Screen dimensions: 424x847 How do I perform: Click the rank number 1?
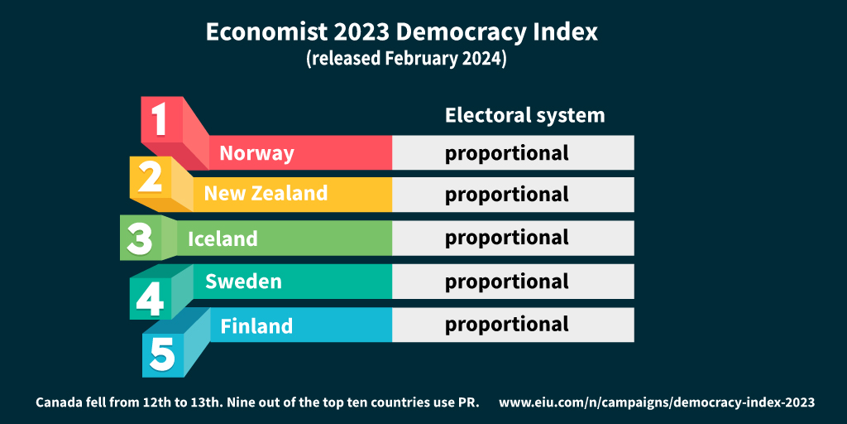(160, 119)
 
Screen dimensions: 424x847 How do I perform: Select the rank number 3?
(139, 238)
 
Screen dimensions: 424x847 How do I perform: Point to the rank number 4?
(150, 298)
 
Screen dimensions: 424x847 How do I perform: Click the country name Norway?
(256, 153)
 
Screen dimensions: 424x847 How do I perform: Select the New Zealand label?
(266, 194)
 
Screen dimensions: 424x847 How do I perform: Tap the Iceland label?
(223, 239)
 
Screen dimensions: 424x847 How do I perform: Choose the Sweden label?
(243, 282)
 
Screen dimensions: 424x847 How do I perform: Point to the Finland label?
(256, 326)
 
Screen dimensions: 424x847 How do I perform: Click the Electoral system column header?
(524, 115)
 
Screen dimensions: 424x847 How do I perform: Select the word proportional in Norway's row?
(507, 154)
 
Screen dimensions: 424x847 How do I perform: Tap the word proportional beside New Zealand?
(507, 195)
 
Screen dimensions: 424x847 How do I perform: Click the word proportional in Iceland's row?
(507, 238)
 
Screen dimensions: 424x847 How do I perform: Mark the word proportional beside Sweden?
(507, 282)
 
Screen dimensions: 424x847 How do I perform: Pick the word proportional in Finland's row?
(507, 325)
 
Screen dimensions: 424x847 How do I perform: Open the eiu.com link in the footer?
(657, 402)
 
